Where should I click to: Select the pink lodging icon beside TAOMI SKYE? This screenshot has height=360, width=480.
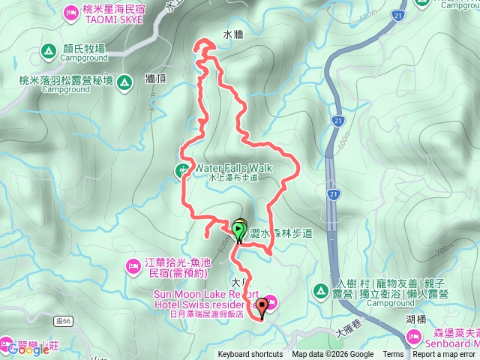pyautogui.click(x=70, y=12)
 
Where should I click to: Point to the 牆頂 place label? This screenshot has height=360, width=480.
pyautogui.click(x=156, y=78)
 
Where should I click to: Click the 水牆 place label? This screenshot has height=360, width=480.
pyautogui.click(x=233, y=34)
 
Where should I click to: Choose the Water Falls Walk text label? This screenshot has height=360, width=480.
pyautogui.click(x=233, y=168)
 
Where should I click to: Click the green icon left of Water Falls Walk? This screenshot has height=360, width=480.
pyautogui.click(x=182, y=170)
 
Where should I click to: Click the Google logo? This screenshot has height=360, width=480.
pyautogui.click(x=28, y=349)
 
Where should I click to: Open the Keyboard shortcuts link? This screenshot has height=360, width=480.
pyautogui.click(x=250, y=355)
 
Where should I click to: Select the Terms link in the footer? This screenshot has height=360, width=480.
pyautogui.click(x=393, y=355)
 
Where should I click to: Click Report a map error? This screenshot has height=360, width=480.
pyautogui.click(x=444, y=355)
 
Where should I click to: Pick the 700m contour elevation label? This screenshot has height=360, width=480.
pyautogui.click(x=444, y=248)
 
